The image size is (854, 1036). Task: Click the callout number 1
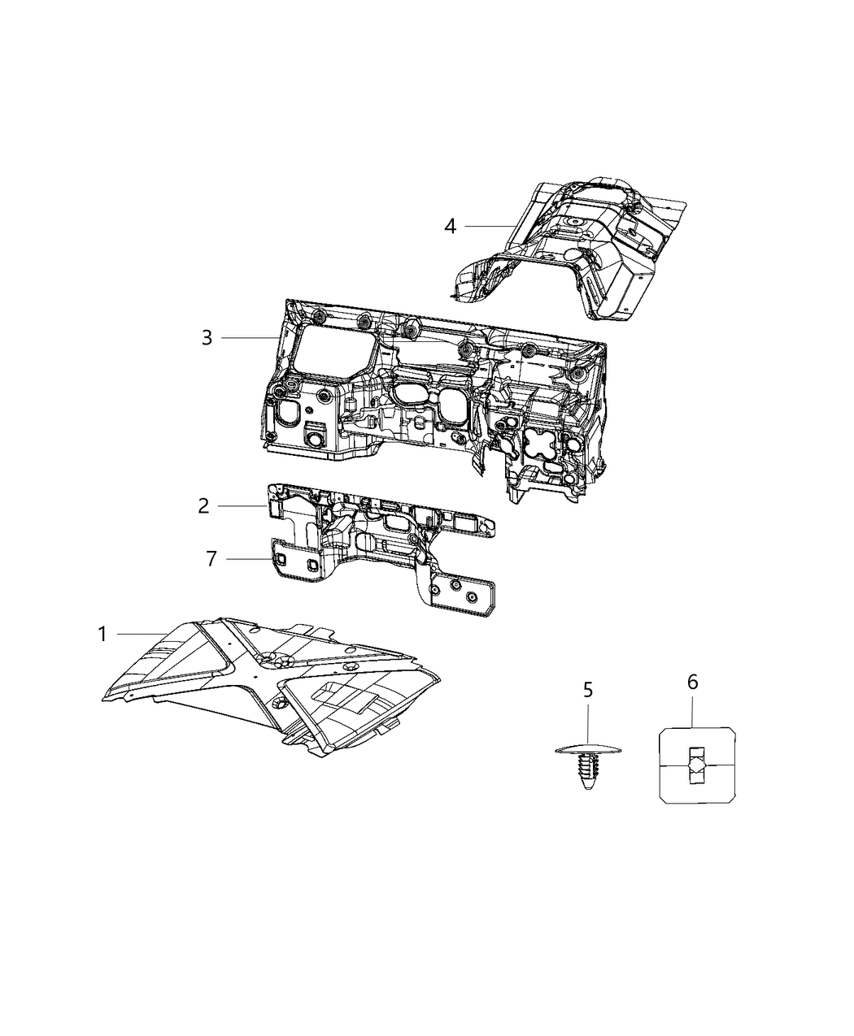102,633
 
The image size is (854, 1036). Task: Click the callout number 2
203,506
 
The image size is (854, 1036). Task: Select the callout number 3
207,337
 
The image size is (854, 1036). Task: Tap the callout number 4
450,226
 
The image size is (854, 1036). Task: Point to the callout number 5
587,691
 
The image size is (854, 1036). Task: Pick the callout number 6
692,682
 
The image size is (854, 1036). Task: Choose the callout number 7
211,559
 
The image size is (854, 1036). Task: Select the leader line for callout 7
249,559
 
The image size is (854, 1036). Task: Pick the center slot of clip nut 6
695,766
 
